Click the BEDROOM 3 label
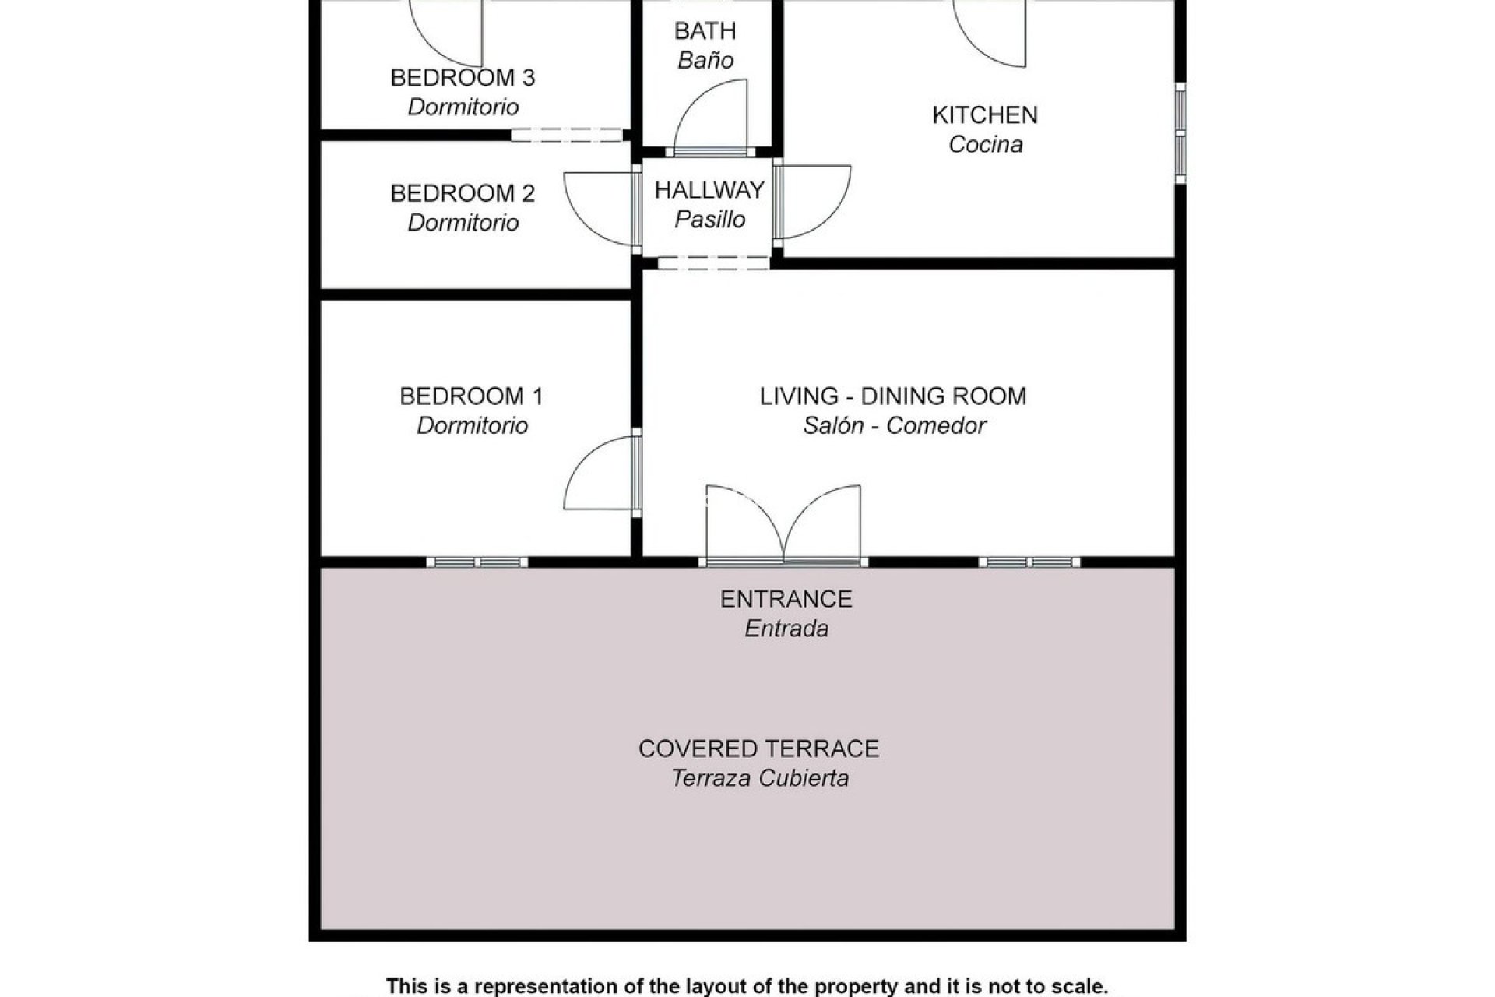[x=463, y=78]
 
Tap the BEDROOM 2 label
[x=463, y=193]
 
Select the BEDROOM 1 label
[x=471, y=396]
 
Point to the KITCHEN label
[x=985, y=115]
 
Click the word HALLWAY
[x=709, y=190]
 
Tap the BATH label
[x=705, y=31]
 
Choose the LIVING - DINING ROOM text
[x=893, y=396]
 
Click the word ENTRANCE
[x=786, y=599]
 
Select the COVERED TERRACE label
[x=758, y=749]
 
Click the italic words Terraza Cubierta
[x=760, y=778]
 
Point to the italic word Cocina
[x=985, y=145]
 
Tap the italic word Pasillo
[x=709, y=220]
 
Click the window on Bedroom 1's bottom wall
[x=477, y=562]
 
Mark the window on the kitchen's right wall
[x=1180, y=133]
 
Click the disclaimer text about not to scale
[x=747, y=986]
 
